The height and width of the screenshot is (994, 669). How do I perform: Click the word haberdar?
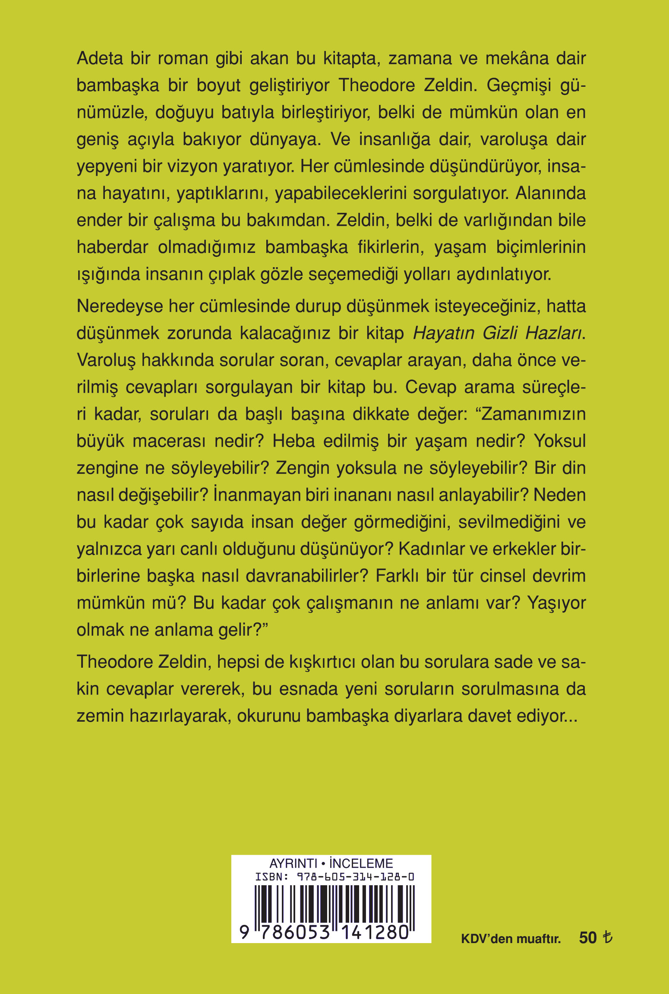coord(112,247)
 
